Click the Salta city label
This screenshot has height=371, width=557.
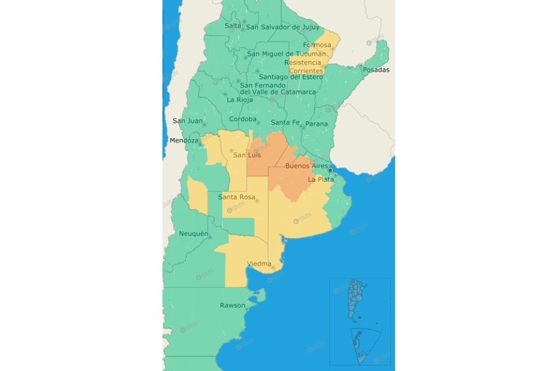(233, 26)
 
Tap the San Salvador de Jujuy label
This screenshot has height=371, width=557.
(282, 27)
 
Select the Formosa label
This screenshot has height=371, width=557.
(317, 45)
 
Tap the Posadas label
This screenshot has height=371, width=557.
(376, 70)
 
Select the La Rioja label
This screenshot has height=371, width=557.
(240, 100)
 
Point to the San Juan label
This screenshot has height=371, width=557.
(188, 121)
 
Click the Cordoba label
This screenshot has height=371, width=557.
(243, 120)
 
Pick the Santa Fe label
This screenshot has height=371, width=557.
(285, 122)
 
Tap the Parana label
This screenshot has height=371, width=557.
(316, 123)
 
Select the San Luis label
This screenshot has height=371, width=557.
(246, 155)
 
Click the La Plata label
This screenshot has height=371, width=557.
(321, 180)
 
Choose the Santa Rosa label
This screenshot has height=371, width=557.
(236, 197)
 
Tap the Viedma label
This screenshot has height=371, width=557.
(259, 264)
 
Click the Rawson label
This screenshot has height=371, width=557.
(232, 305)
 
